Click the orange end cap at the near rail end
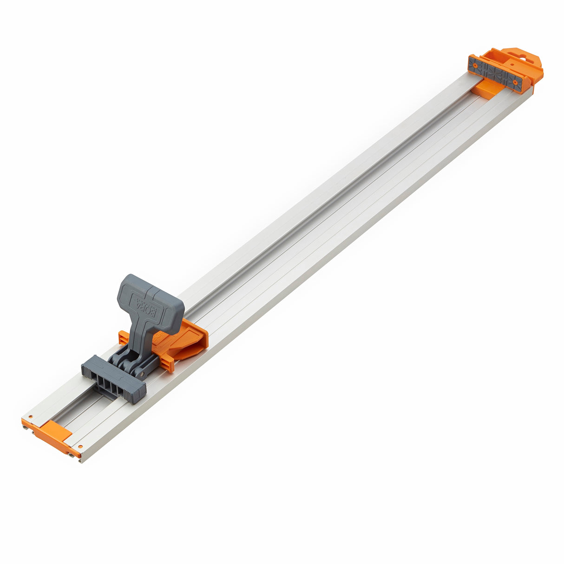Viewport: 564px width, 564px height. [x=51, y=434]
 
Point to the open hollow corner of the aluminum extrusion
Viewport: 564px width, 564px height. [x=82, y=460]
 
